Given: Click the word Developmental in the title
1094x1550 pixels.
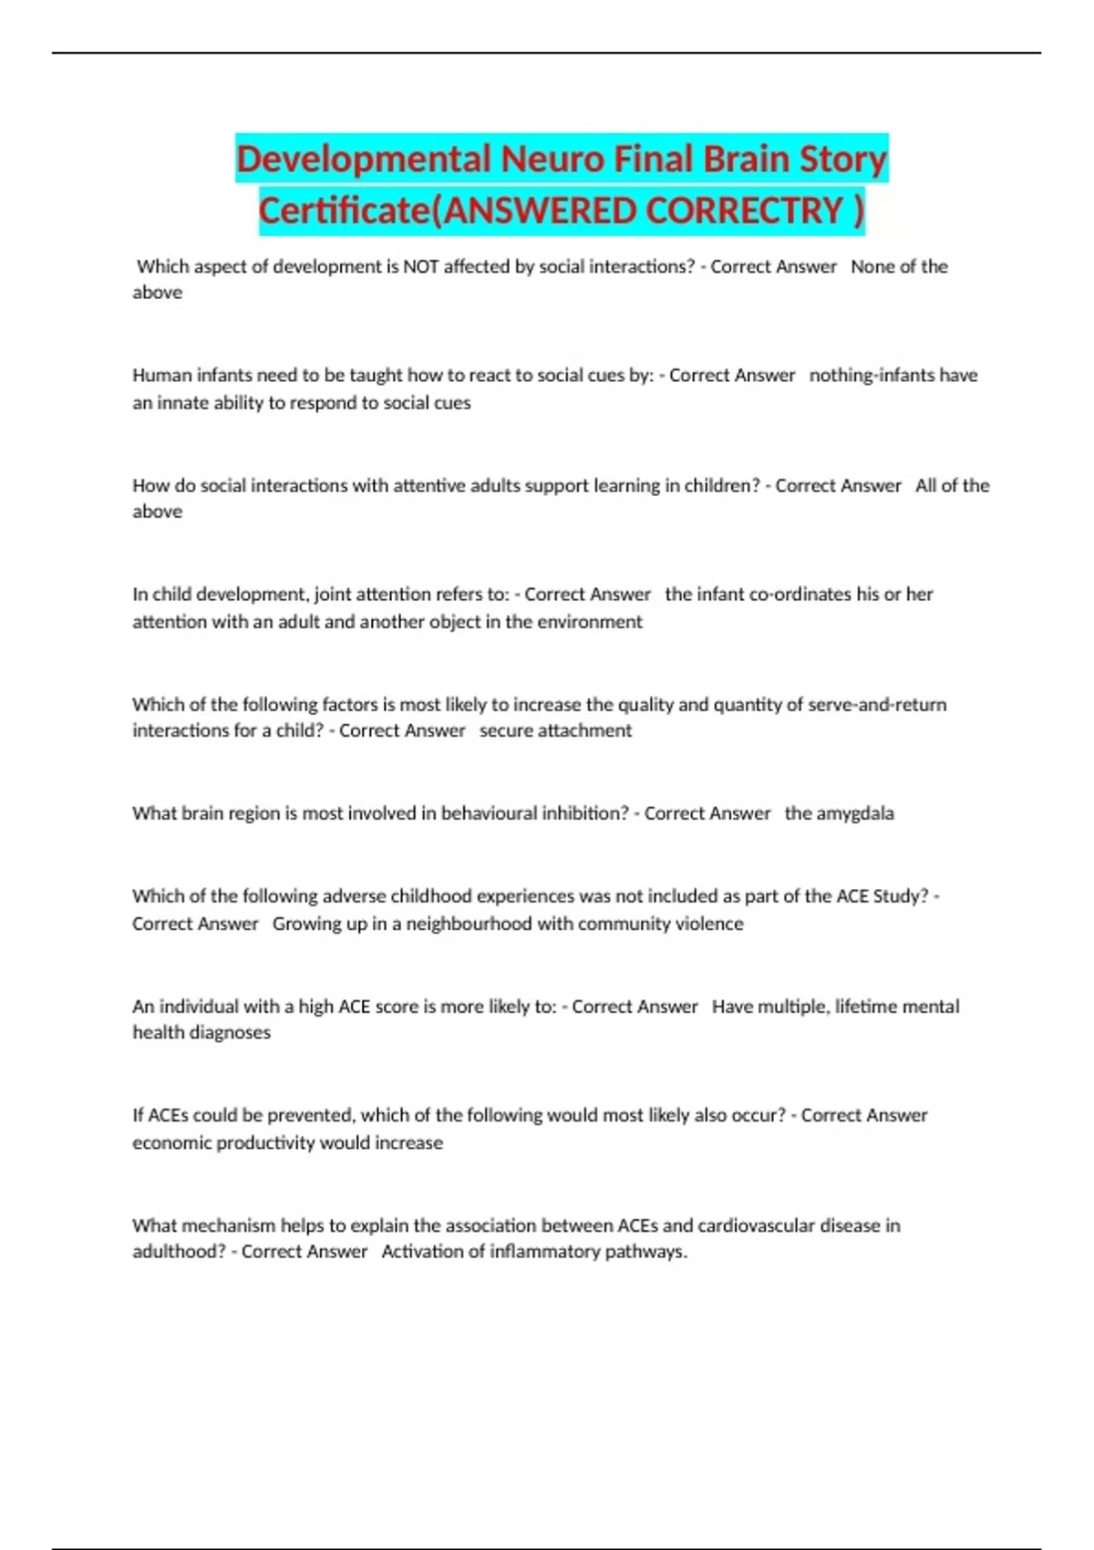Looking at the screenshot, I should point(365,160).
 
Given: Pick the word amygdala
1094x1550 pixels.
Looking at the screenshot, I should point(854,813).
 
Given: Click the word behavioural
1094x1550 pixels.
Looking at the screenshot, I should point(517,813).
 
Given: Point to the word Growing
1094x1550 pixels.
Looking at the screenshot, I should point(304,924).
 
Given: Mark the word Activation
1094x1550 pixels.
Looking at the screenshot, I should point(422,1252).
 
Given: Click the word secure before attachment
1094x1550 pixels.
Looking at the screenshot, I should point(507,731).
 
